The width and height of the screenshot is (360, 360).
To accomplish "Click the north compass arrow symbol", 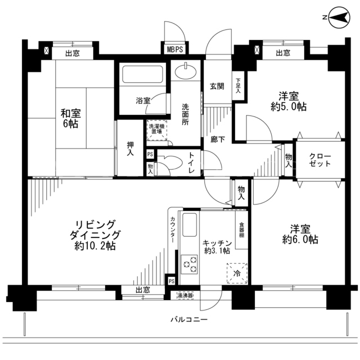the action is tap(339, 17).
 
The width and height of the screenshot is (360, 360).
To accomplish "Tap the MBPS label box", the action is tap(175, 49).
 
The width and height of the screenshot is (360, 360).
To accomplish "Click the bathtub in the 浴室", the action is tap(142, 74).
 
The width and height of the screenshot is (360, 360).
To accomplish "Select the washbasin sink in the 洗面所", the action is tap(186, 71).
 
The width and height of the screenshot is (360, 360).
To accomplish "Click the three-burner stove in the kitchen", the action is tap(190, 264).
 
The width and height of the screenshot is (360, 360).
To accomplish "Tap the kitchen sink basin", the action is tap(190, 225).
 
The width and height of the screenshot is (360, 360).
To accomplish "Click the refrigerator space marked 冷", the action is tap(237, 273).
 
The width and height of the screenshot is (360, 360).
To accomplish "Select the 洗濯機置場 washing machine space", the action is tap(157, 130).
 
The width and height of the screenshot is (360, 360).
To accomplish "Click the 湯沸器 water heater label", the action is tap(185, 295).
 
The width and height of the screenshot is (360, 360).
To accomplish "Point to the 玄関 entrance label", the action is tap(217, 86).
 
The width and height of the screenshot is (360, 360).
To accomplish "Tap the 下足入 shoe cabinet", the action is tap(238, 85).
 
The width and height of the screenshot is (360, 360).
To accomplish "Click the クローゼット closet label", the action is tap(320, 160).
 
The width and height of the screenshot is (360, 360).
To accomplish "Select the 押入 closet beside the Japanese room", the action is tap(130, 148).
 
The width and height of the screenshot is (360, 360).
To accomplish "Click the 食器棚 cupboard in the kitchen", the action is tap(241, 229).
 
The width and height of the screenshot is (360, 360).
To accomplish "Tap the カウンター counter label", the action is tap(173, 229).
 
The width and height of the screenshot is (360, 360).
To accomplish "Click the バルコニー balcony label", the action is tap(189, 319).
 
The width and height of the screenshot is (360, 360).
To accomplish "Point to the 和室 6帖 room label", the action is tap(70, 119).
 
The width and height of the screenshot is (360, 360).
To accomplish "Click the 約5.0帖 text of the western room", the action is tap(289, 107).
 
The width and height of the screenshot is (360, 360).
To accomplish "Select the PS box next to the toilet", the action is tap(150, 154).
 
